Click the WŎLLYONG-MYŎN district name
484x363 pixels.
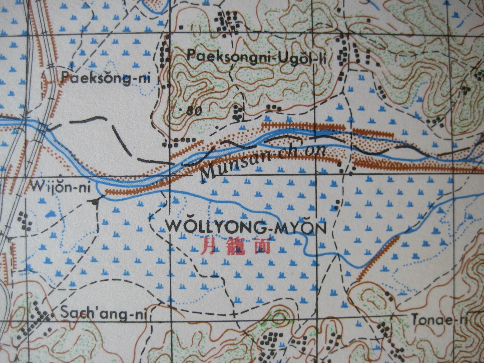coord(246,227)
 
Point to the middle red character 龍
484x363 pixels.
coord(235,246)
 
